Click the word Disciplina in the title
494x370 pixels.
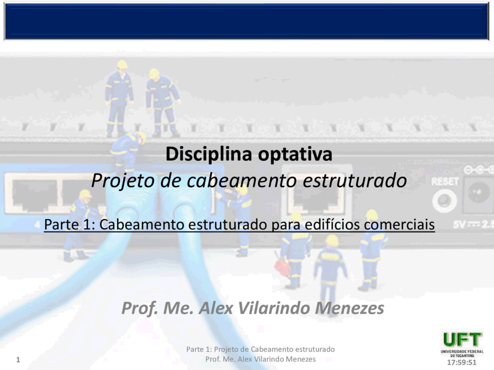[x=209, y=154]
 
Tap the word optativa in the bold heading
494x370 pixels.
[x=295, y=155]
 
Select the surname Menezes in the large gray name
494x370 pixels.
[x=349, y=308]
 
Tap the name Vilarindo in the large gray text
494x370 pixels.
[x=274, y=308]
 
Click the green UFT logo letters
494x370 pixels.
[x=462, y=340]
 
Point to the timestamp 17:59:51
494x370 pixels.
[x=462, y=362]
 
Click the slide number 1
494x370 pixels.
[x=18, y=360]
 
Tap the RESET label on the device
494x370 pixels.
[x=445, y=182]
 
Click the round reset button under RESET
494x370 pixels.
[x=444, y=201]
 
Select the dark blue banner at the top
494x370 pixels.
[x=246, y=21]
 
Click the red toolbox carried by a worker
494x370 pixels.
[x=282, y=267]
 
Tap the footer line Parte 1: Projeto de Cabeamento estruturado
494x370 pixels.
[x=260, y=349]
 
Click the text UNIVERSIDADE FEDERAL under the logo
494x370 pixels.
[x=462, y=351]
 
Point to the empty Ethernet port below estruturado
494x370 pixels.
[x=317, y=195]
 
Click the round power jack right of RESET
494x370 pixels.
[x=478, y=193]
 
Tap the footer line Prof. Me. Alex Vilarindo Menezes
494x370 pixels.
[x=260, y=359]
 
